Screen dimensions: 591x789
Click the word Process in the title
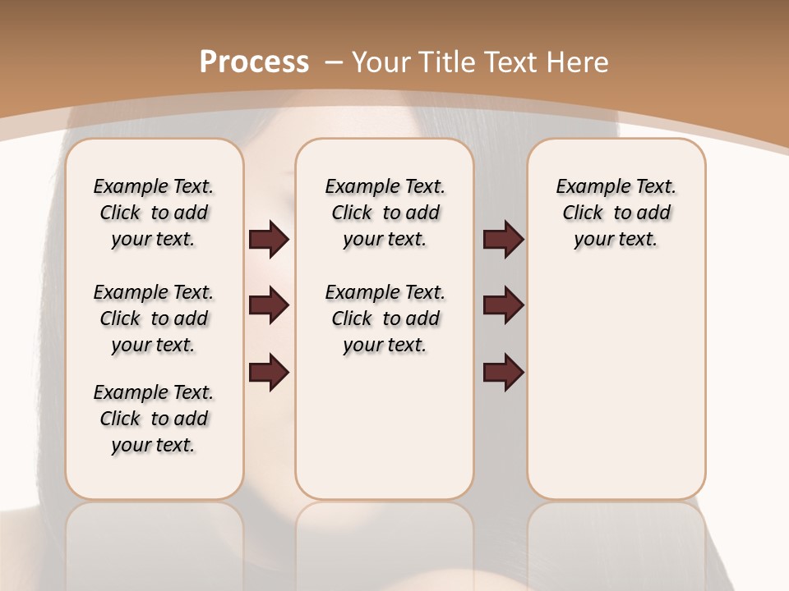254,62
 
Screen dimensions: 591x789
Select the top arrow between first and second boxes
269,239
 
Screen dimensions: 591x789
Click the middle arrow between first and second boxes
269,305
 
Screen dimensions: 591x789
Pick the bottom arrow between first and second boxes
269,373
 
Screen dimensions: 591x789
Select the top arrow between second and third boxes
503,239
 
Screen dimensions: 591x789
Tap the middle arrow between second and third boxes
503,305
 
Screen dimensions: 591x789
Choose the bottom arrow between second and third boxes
503,373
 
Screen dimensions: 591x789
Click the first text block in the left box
154,213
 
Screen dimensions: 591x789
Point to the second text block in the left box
154,318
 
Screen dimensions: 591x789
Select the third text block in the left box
154,419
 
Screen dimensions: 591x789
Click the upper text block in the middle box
385,213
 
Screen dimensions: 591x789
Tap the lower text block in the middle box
385,318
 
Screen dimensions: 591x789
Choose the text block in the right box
616,213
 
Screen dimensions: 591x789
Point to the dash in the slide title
334,62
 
